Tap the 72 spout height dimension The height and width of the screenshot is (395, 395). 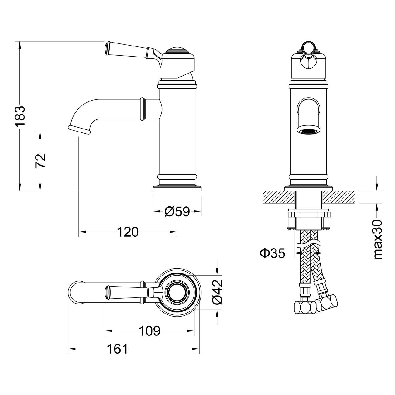(x=40, y=161)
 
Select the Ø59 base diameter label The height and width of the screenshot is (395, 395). (x=177, y=211)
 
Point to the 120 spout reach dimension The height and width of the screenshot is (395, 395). (x=128, y=232)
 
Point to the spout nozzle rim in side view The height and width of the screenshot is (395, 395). (x=79, y=130)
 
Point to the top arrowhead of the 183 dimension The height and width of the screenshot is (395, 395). (x=20, y=45)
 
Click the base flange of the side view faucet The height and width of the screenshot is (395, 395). (x=177, y=188)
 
